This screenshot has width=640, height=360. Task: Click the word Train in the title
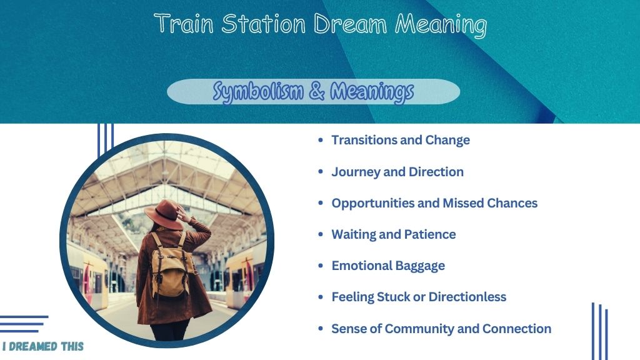184,23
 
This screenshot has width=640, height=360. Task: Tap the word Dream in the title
350,23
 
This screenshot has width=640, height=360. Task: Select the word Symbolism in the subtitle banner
258,91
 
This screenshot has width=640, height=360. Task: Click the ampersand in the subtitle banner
317,91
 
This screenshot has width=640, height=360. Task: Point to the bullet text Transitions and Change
401,140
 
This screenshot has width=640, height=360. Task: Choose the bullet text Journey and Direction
397,172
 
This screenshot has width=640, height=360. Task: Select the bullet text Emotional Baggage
388,266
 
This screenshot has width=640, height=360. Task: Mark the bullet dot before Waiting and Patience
321,234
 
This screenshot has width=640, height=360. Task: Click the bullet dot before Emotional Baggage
321,266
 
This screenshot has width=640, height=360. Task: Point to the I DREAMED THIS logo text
43,346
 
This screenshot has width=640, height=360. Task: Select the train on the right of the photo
244,274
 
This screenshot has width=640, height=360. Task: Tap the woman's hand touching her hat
183,213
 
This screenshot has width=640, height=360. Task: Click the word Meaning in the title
441,24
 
